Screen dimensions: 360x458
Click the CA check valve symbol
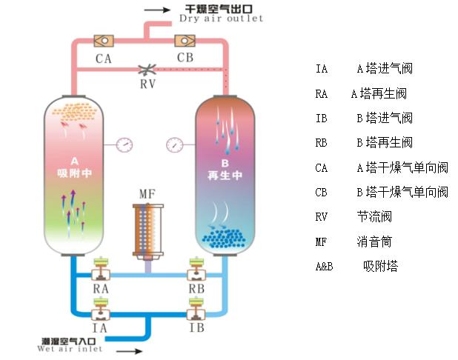tap(104, 39)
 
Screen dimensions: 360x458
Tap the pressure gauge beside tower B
tap(175, 142)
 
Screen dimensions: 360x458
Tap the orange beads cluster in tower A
tap(73, 112)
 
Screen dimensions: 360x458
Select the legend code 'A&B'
tap(323, 266)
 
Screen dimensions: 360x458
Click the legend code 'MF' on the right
tap(320, 241)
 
